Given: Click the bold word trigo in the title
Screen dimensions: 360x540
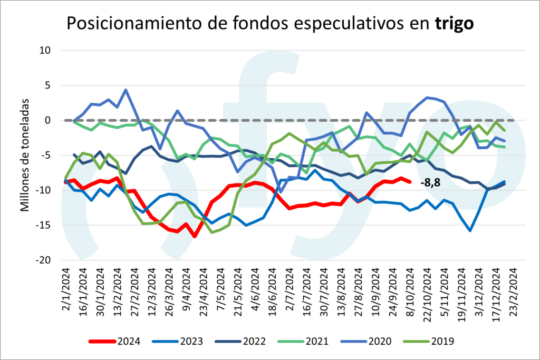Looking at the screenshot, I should pos(454,23).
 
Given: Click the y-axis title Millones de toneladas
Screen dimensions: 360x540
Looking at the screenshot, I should pos(25,156).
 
